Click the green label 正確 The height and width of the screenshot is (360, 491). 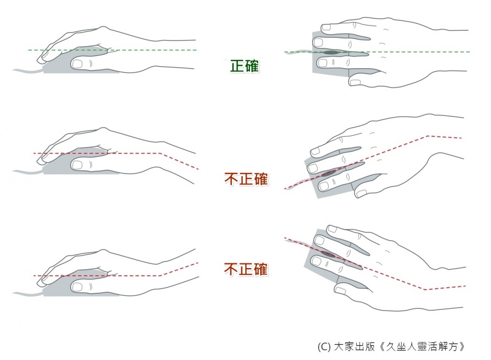245,66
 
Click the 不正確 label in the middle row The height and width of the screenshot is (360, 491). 246,179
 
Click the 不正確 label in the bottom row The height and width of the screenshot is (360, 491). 246,269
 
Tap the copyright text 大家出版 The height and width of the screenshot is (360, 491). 354,346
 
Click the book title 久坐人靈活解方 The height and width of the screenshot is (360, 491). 422,346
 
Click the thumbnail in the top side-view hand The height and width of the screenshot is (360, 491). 77,64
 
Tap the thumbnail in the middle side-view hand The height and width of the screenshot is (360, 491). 77,165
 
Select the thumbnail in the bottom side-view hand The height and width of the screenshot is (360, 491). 77,287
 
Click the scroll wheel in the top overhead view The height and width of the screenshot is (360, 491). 331,52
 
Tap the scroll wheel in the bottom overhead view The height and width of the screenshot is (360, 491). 327,254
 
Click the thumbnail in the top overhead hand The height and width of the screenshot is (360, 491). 355,82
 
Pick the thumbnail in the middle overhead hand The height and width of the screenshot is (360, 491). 361,193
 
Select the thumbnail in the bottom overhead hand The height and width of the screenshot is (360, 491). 340,290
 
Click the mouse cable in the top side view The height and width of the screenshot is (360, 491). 28,71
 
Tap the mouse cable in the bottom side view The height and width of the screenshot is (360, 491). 28,294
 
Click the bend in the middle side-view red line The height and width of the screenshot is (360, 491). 160,153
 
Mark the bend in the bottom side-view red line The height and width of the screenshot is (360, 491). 160,275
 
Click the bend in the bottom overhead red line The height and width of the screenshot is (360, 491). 426,289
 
